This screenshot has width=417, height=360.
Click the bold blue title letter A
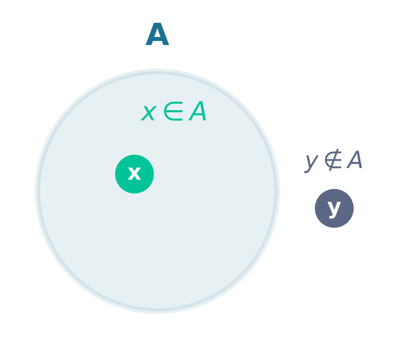point(157,34)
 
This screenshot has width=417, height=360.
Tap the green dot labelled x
point(134,174)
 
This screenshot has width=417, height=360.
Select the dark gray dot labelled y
point(334,208)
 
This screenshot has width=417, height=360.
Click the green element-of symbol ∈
point(173,111)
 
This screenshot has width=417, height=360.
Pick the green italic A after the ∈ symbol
point(197,111)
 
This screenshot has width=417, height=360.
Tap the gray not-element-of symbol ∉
point(333,160)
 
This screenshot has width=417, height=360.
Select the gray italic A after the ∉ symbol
point(354,159)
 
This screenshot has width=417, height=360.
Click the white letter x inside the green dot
point(134,173)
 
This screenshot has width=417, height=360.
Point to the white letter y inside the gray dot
point(334,209)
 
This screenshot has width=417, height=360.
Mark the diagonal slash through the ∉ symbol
point(334,160)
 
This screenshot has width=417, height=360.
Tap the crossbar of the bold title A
point(157,38)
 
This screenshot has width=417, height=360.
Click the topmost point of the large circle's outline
point(157,72)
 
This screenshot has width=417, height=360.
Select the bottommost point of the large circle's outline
point(157,310)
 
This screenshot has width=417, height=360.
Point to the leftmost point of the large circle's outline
point(38,191)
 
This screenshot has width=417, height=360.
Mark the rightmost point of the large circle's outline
point(276,191)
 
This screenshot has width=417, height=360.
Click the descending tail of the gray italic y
point(308,170)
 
